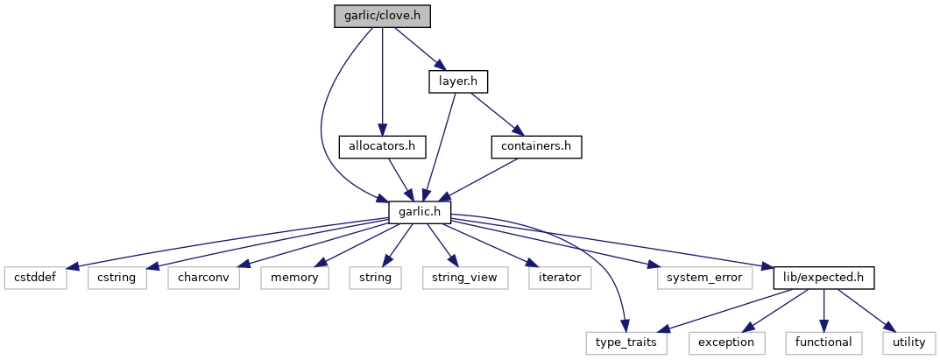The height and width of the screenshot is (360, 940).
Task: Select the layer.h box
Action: coord(457,82)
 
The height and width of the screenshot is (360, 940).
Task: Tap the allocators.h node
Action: coord(382,146)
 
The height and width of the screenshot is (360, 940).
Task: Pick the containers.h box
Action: coord(536,146)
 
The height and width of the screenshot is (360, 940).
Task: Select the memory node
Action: coord(295,278)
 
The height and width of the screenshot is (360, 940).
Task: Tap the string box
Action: coord(375,278)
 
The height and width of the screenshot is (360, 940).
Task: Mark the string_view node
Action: coord(459,278)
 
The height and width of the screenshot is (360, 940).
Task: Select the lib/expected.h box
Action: coord(823,278)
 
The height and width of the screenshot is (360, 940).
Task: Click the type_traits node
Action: coord(627,342)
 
